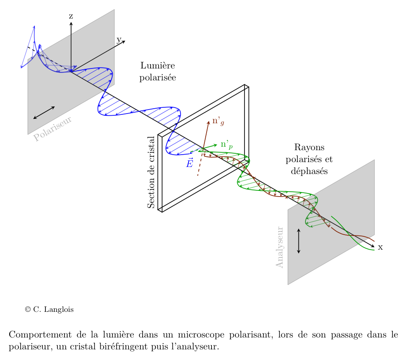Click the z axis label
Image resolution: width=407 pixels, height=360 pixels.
(71, 16)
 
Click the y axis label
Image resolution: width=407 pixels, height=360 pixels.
(119, 40)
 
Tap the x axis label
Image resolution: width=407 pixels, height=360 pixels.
(380, 247)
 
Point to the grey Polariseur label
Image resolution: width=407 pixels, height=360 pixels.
(53, 129)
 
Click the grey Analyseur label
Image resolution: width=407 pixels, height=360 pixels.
(279, 247)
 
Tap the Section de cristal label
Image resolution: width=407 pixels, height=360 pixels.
(151, 172)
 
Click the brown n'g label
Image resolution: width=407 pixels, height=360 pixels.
(218, 121)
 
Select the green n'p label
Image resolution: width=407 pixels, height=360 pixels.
(226, 144)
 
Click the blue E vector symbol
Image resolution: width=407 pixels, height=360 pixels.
(189, 163)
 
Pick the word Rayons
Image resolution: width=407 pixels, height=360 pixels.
(309, 148)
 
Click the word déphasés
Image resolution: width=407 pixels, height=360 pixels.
(309, 171)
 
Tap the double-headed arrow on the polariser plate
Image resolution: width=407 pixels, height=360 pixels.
(44, 113)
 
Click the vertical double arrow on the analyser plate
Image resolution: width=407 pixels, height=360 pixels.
(299, 241)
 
